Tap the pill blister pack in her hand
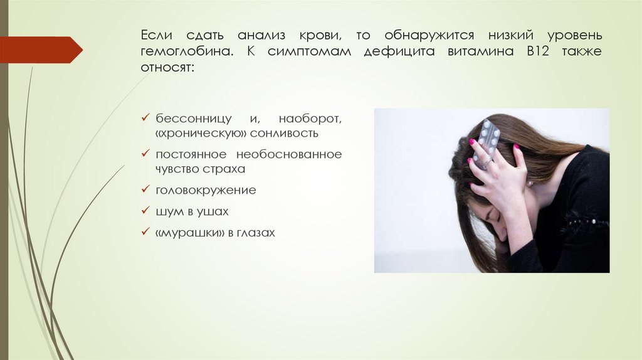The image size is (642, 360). coord(488,139)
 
